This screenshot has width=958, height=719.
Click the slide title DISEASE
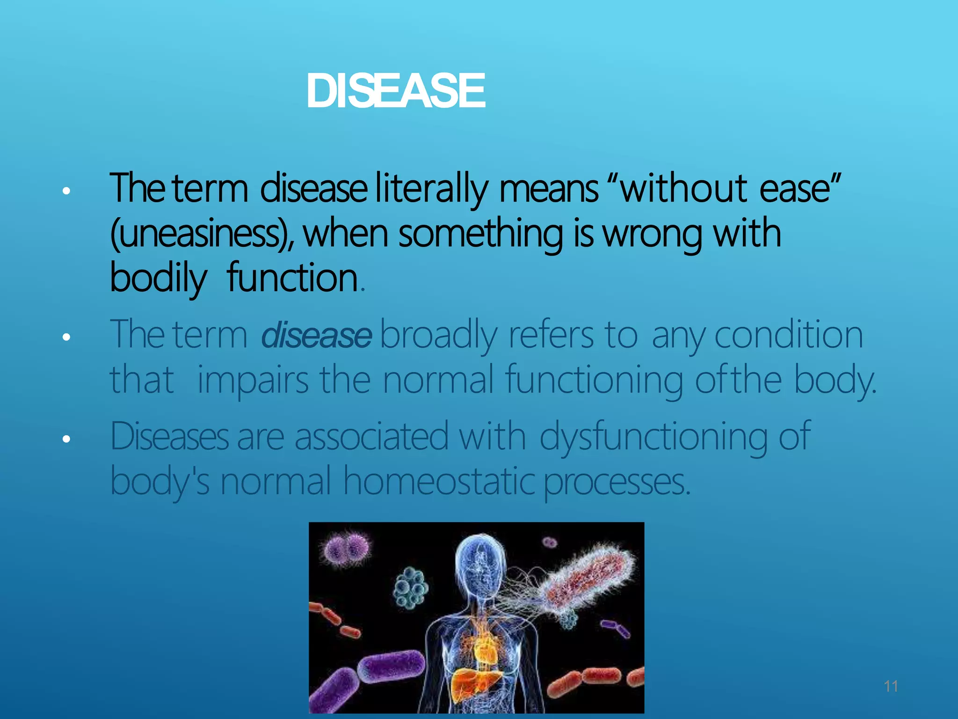coord(396,91)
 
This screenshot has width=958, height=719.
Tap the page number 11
coord(891,686)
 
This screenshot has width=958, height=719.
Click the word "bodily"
coord(158,278)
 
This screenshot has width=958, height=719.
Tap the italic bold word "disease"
coord(316,336)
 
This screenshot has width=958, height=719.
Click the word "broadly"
coord(438,336)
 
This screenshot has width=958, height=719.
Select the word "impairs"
coord(253,380)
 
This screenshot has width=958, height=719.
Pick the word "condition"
coord(789,336)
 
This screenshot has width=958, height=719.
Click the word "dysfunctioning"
coord(653,437)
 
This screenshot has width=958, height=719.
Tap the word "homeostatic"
coord(439,482)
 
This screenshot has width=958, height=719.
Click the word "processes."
coord(617,482)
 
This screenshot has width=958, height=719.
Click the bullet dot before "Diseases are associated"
coord(66,439)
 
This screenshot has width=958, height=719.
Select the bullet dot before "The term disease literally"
coord(66,191)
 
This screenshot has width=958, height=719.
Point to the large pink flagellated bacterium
coord(590,580)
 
